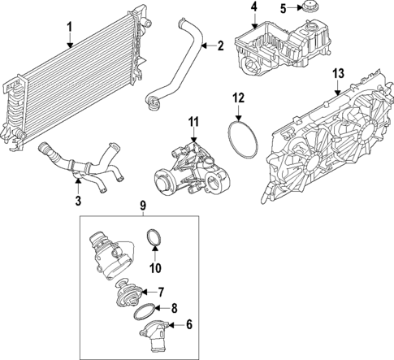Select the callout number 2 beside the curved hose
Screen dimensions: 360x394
(220, 46)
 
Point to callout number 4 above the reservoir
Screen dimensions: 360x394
(253, 7)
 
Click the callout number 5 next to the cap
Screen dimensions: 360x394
(284, 9)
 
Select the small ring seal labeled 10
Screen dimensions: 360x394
(154, 238)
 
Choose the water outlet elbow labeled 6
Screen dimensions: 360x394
(152, 328)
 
